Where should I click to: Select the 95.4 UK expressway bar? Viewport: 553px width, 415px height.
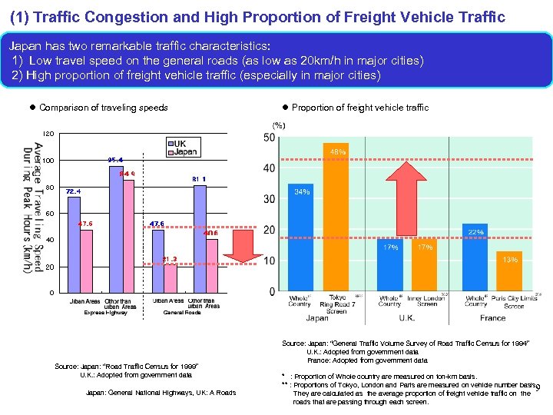click(x=117, y=229)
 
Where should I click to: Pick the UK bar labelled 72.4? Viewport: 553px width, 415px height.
click(x=74, y=244)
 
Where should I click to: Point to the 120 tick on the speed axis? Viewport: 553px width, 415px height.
click(x=48, y=134)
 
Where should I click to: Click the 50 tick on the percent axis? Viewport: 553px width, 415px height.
click(x=270, y=138)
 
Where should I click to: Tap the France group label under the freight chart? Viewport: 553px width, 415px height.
click(x=493, y=317)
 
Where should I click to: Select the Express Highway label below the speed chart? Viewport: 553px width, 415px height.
click(x=105, y=313)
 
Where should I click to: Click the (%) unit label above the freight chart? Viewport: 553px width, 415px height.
click(x=278, y=125)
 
